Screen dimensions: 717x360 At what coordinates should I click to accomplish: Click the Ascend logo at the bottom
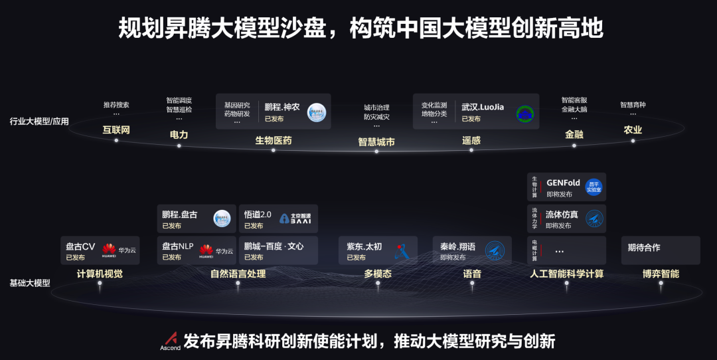point(170,341)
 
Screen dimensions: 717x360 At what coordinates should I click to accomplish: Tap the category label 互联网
point(116,130)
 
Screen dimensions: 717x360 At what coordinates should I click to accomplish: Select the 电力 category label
point(179,134)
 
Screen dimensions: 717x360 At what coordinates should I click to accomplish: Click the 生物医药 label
point(274,140)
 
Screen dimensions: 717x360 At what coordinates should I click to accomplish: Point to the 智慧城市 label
point(376,141)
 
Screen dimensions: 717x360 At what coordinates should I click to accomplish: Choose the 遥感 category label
point(471,140)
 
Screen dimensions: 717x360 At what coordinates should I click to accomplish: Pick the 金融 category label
point(574,134)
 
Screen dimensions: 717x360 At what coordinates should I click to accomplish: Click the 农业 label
point(633,130)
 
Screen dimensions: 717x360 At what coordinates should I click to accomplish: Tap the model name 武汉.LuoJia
point(483,106)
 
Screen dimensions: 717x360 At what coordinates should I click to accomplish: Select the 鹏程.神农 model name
point(282,106)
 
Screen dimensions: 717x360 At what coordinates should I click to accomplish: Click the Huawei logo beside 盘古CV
point(109,250)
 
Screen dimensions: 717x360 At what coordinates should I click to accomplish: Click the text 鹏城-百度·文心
point(274,246)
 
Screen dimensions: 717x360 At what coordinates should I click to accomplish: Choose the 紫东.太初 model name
point(364,246)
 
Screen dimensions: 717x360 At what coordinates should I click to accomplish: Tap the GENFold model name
point(563,183)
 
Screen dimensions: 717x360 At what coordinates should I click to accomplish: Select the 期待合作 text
point(644,247)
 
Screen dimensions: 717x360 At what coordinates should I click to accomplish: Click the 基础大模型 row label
point(30,283)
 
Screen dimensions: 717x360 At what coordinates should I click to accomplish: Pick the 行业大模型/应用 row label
point(39,122)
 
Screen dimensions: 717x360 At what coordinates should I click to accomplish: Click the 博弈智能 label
point(661,274)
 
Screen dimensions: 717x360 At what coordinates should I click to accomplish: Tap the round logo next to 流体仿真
point(594,218)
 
